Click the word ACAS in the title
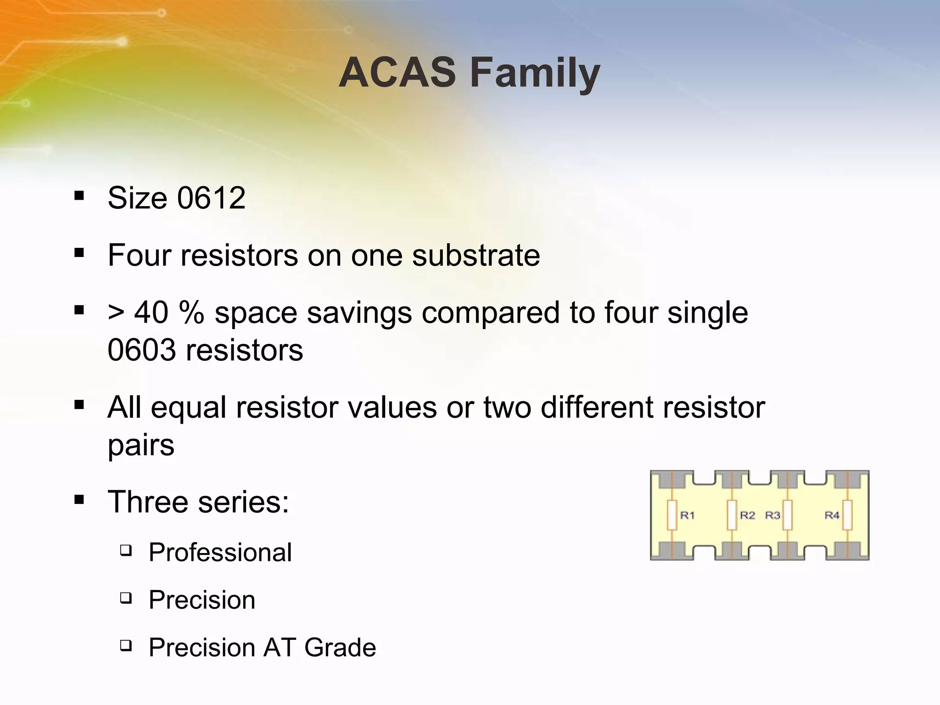coord(397,73)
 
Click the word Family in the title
coord(535,73)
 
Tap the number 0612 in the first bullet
coord(211,198)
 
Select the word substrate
coord(476,255)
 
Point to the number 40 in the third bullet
coord(151,313)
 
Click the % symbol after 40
coord(191,313)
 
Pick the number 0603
coord(141,350)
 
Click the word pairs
coord(141,445)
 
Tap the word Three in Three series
coord(148,502)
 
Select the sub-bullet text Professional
coord(220,552)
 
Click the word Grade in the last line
coord(340,648)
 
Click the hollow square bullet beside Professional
coord(126,550)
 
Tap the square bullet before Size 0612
coord(79,196)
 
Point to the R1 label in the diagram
coord(687,515)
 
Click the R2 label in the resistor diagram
coord(747,515)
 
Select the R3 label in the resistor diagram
coord(772,515)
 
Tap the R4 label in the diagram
coord(832,515)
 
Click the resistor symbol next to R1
coord(672,515)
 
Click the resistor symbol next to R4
coord(847,515)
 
